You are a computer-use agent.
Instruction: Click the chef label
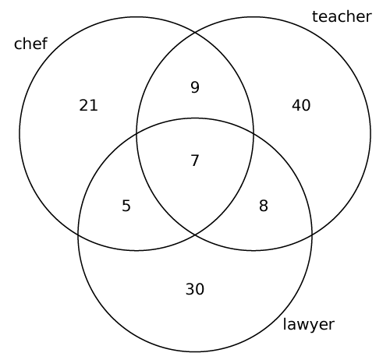[30, 44]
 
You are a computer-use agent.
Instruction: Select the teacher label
[342, 16]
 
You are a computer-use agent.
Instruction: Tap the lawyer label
[308, 325]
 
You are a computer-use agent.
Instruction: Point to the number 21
[88, 105]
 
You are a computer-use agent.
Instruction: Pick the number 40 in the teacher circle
[301, 105]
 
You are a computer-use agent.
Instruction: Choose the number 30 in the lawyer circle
[195, 289]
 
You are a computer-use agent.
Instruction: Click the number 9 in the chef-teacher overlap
[195, 87]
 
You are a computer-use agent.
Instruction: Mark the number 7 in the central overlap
[195, 161]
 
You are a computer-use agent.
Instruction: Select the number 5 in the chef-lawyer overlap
[126, 206]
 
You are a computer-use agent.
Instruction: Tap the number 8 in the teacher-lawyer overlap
[264, 206]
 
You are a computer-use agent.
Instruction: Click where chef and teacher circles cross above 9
[195, 33]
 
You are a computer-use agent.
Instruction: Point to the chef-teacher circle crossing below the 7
[195, 235]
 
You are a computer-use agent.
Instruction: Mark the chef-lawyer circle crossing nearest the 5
[79, 234]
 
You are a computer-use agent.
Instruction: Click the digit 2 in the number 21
[83, 105]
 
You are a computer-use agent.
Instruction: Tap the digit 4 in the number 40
[296, 105]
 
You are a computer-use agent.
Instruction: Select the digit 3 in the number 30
[190, 289]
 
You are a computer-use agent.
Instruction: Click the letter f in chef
[44, 43]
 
